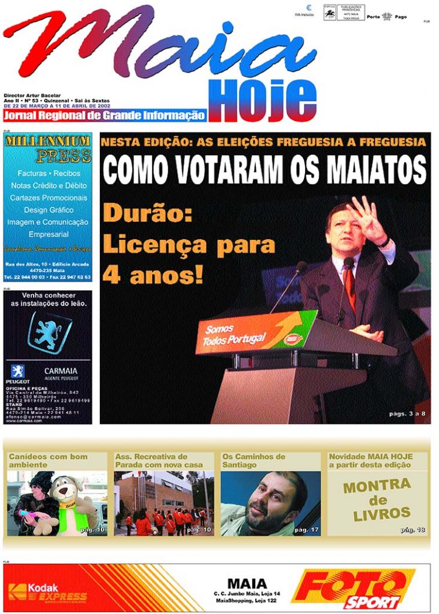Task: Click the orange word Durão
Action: tap(136, 214)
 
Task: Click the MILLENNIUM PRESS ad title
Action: tap(47, 148)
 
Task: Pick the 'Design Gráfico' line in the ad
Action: tap(49, 210)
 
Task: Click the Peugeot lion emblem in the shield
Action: tap(49, 332)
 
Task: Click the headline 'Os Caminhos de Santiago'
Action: tap(254, 460)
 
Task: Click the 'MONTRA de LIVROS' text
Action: tap(377, 498)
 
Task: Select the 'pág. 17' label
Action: tap(306, 529)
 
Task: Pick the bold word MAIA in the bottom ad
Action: tap(247, 583)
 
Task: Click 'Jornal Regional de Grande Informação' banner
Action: tap(104, 116)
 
